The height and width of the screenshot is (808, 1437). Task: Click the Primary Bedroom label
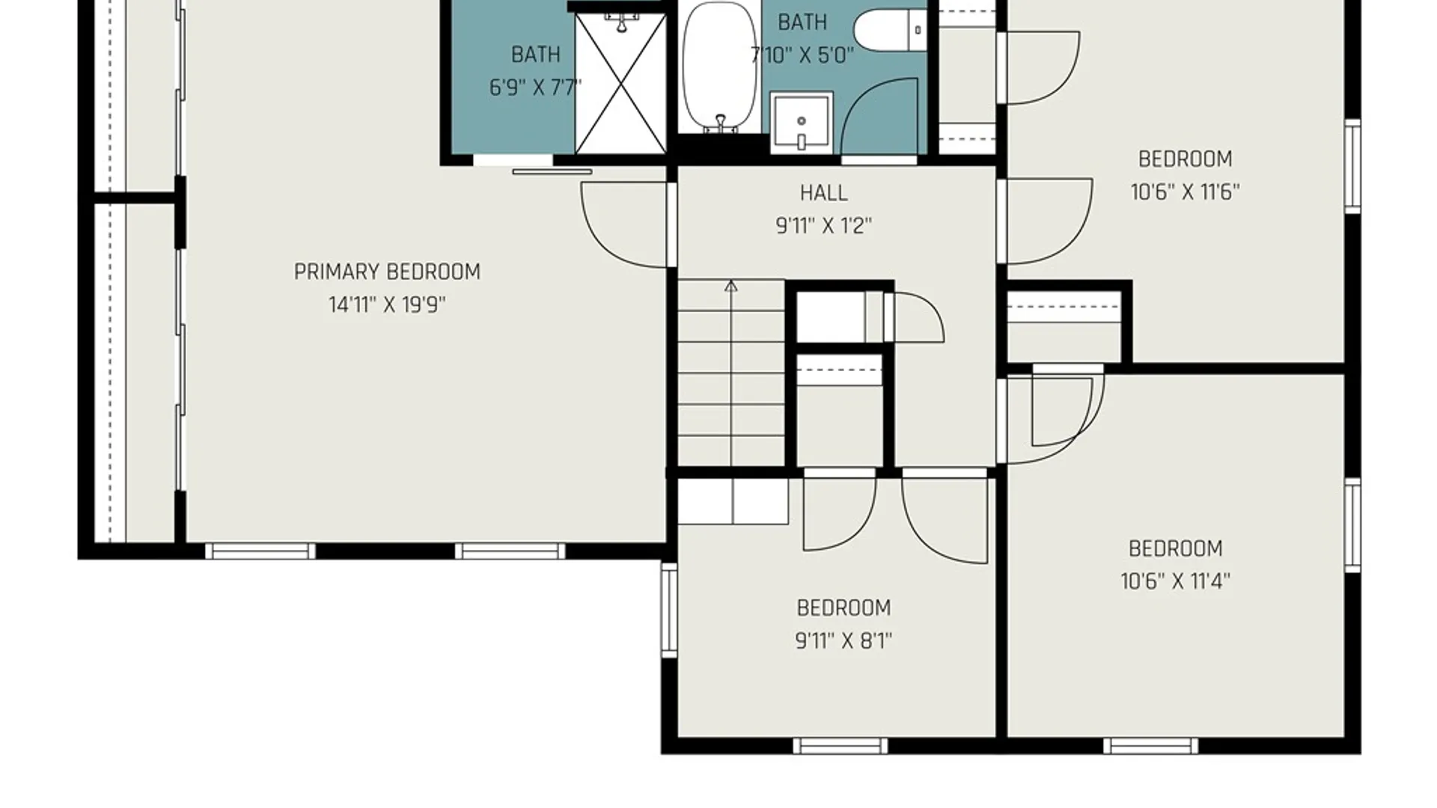click(x=387, y=272)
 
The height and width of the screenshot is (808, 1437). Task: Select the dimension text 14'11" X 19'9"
click(x=387, y=304)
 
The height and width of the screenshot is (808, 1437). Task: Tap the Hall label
click(x=823, y=193)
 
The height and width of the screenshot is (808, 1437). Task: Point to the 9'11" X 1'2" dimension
click(x=823, y=225)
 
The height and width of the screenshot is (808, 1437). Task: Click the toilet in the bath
click(x=891, y=30)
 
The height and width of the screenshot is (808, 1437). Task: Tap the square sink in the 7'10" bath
click(x=802, y=122)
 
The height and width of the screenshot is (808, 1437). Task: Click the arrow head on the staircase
click(x=731, y=286)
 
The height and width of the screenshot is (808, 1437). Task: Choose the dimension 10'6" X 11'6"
click(x=1185, y=192)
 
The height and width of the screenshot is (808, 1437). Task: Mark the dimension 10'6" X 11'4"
click(x=1175, y=581)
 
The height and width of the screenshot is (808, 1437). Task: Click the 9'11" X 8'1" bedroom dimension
click(x=843, y=641)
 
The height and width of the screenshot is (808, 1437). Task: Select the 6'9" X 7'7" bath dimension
click(x=535, y=88)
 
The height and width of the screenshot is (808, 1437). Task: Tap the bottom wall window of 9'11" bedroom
click(x=840, y=746)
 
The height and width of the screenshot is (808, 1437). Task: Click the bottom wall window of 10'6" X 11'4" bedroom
click(x=1150, y=746)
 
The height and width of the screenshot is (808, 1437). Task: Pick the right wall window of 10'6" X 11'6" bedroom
click(x=1352, y=166)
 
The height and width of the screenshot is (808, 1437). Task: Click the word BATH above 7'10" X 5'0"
click(x=802, y=22)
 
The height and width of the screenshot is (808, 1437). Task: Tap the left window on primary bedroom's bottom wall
click(x=260, y=551)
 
